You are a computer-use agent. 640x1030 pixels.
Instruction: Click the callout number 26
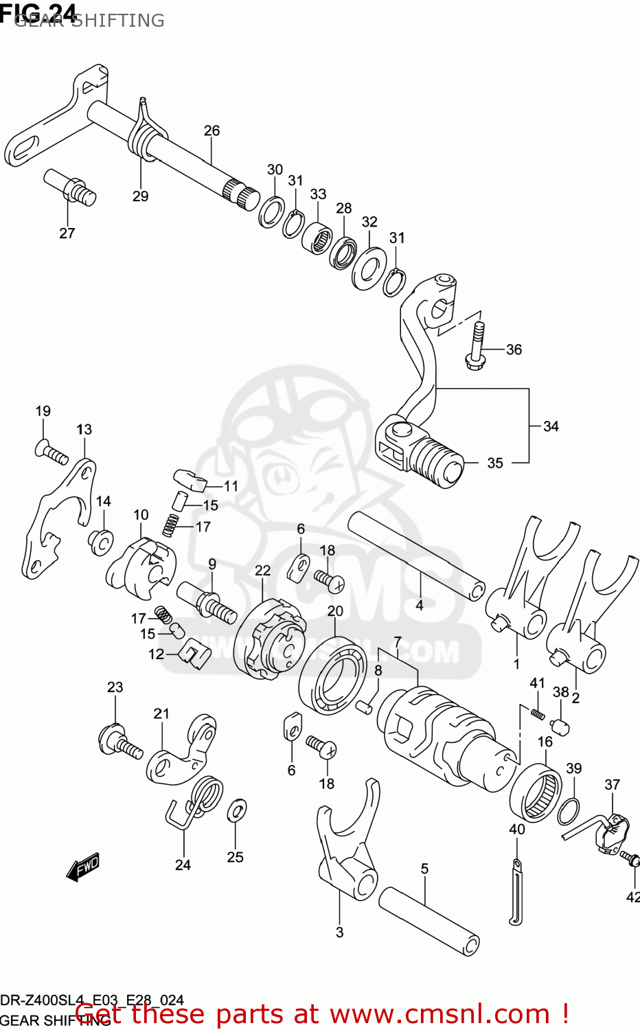click(212, 130)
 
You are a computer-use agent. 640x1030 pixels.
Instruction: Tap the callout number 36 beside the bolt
click(514, 350)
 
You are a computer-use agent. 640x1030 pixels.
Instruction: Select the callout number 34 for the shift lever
click(551, 426)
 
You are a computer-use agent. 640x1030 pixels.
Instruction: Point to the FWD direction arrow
click(83, 867)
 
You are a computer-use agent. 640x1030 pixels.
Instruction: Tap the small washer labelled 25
click(236, 811)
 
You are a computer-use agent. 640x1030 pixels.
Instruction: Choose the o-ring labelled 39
click(568, 811)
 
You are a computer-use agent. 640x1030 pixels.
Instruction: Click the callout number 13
click(84, 429)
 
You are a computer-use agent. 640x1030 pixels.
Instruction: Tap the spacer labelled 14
click(101, 542)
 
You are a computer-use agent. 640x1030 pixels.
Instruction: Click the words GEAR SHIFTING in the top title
click(89, 21)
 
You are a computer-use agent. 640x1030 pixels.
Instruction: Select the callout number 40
click(516, 829)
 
